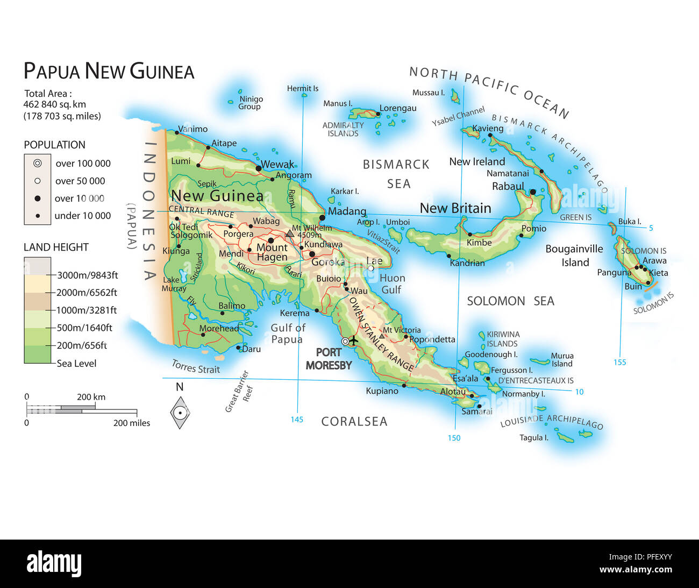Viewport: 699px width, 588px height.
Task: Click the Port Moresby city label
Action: [329, 358]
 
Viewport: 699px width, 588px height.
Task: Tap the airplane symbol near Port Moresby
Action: [353, 341]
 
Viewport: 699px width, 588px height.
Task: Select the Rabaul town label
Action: [508, 186]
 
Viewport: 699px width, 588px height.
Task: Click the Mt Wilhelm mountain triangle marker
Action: [290, 233]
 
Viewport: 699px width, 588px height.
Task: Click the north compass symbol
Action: [180, 413]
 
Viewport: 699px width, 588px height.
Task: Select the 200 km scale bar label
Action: [91, 397]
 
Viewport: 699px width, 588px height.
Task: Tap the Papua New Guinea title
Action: [109, 72]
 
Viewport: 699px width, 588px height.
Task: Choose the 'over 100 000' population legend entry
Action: [83, 164]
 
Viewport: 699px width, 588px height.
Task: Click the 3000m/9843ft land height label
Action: [88, 275]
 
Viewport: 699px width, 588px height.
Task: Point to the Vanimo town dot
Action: [177, 132]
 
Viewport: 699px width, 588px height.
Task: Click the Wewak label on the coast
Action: [277, 164]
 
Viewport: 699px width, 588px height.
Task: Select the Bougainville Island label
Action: [574, 256]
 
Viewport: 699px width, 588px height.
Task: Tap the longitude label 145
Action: [297, 420]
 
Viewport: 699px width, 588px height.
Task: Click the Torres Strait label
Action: [196, 367]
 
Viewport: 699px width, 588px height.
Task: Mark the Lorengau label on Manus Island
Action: [398, 108]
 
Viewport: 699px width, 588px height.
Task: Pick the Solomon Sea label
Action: [510, 301]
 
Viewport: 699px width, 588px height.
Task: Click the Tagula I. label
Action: [533, 437]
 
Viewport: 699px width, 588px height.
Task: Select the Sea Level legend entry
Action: [76, 363]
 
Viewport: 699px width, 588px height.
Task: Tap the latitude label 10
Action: [579, 392]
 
